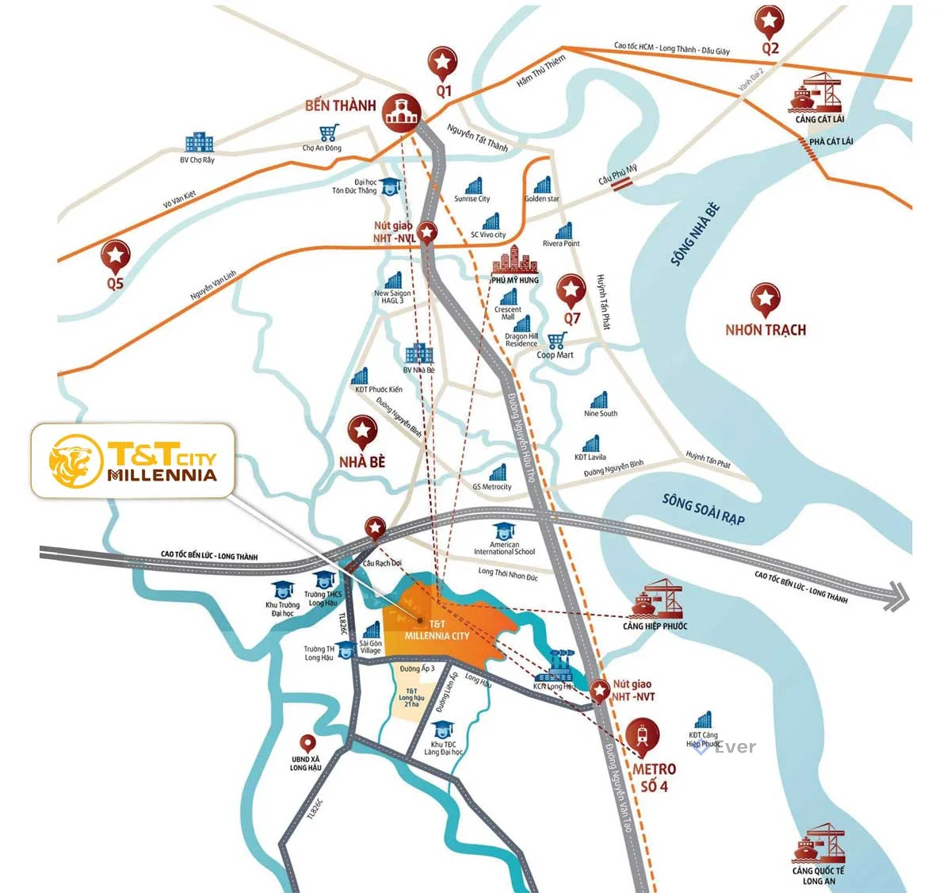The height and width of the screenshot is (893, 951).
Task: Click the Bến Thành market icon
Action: point(401,113)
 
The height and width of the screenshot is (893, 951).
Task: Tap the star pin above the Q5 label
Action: point(116,255)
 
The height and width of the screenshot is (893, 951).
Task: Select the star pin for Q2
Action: point(769,21)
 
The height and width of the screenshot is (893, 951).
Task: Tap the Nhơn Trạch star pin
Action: point(765,299)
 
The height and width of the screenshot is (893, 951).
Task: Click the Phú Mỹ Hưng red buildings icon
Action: point(514,260)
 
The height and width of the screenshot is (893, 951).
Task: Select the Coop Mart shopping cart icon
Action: point(556,341)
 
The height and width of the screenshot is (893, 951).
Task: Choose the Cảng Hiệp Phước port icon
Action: point(657,600)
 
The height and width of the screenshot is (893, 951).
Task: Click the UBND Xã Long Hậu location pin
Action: point(307,744)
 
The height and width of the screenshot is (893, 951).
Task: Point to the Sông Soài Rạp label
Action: point(704,508)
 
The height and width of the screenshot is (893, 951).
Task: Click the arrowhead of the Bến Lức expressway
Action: point(898,596)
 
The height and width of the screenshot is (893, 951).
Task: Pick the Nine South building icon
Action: point(600,400)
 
